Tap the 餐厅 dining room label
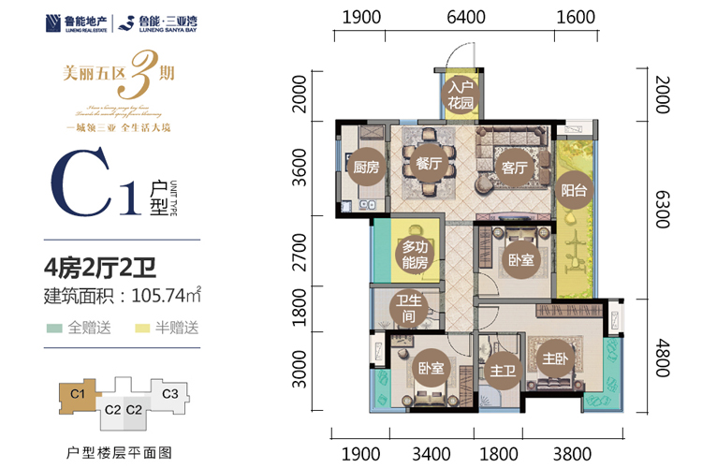pos(428,163)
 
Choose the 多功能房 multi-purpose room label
pos(414,255)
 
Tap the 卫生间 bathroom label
pos(406,309)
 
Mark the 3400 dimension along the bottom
pos(433,454)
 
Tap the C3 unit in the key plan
pos(170,394)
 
